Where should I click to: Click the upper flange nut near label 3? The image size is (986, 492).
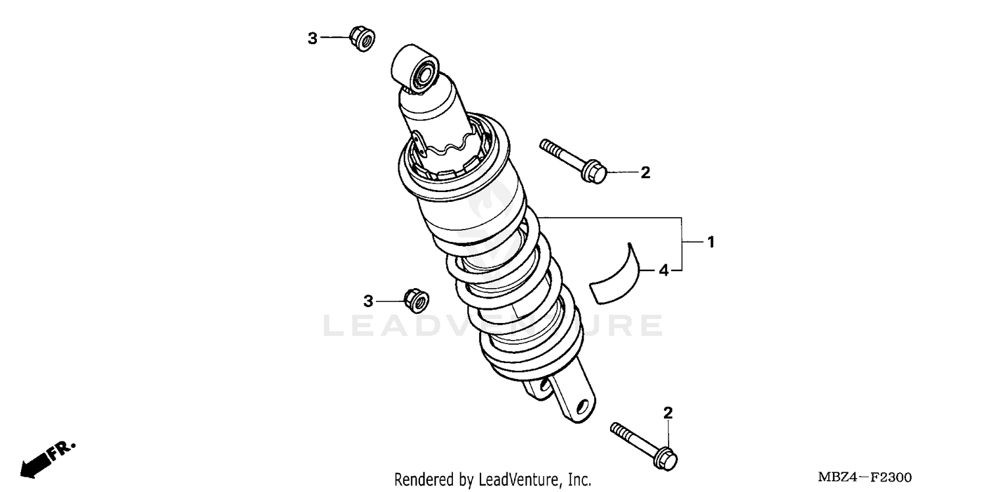click(x=360, y=38)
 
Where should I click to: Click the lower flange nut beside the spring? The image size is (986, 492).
click(x=415, y=301)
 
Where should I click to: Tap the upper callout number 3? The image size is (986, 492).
click(x=313, y=39)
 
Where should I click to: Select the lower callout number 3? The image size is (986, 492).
click(x=368, y=301)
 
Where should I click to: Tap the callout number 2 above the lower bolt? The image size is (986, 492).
click(x=668, y=413)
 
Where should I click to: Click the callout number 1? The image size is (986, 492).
click(x=711, y=242)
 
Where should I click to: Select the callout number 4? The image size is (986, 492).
click(x=664, y=270)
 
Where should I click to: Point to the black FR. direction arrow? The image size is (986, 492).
click(x=37, y=463)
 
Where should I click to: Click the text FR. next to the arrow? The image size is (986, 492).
click(x=64, y=449)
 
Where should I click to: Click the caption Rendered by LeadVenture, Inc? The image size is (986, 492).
click(x=492, y=480)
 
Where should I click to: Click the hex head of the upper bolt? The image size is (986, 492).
click(x=593, y=170)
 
